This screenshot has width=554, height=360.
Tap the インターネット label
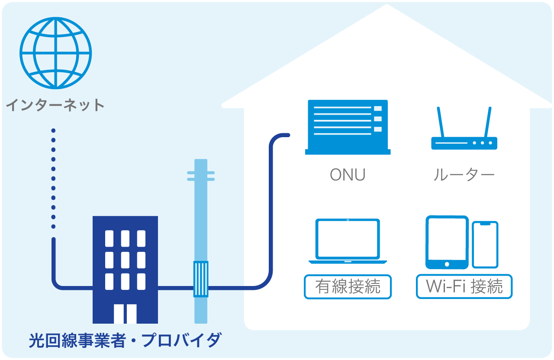pos(55,105)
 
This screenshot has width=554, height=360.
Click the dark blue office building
pos(125,260)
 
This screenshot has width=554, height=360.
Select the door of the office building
pos(125,314)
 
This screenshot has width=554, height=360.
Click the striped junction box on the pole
pos(201,279)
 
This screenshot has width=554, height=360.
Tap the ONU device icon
pos(348,127)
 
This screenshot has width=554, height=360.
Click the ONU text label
pos(348,175)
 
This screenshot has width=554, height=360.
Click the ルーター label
pos(464,175)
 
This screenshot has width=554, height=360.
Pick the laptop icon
pos(348,241)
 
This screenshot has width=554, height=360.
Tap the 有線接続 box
pos(348,287)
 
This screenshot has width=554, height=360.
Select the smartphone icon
pos(485,244)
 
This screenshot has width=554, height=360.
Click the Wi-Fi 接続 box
pos(464,287)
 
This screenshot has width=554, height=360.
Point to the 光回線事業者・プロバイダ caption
pos(125,341)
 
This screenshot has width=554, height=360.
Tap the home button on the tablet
pos(447,264)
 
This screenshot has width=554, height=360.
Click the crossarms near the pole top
pos(201,175)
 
